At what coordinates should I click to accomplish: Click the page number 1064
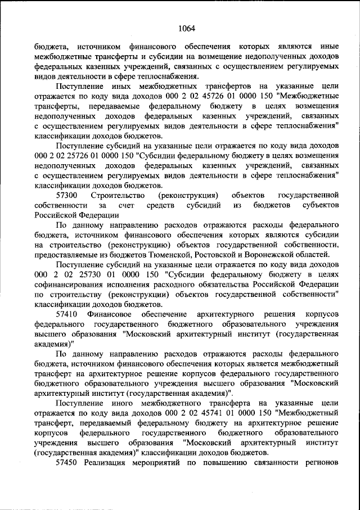(186, 29)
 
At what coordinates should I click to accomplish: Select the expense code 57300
(67, 195)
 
